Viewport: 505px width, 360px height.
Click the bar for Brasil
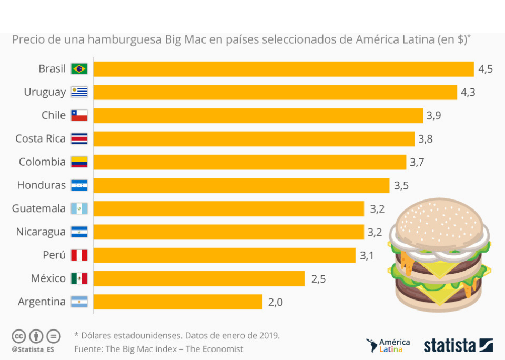click(x=284, y=69)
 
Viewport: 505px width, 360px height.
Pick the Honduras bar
click(x=241, y=185)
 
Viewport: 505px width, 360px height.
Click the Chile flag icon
click(x=79, y=115)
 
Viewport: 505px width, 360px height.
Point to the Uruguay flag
click(x=79, y=92)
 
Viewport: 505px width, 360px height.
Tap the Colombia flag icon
click(x=79, y=162)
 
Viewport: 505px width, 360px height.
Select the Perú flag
click(x=79, y=255)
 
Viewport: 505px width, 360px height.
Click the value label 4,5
click(x=485, y=69)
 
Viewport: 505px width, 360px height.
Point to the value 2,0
click(x=275, y=302)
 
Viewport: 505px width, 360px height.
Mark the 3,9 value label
click(x=433, y=115)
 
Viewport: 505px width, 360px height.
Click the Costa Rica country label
click(x=41, y=138)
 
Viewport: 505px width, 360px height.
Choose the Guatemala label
click(x=39, y=208)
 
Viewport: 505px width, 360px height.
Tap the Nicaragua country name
click(x=41, y=232)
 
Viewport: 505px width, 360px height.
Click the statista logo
click(x=458, y=345)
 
